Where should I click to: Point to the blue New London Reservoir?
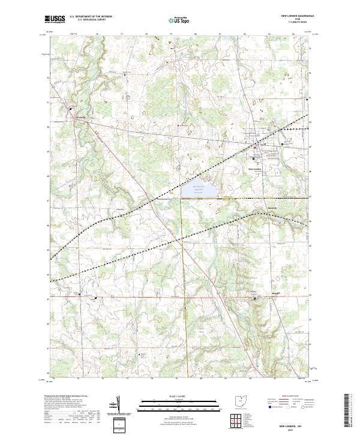click(202, 190)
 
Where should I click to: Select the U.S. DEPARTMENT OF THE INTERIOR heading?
click(91, 17)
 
